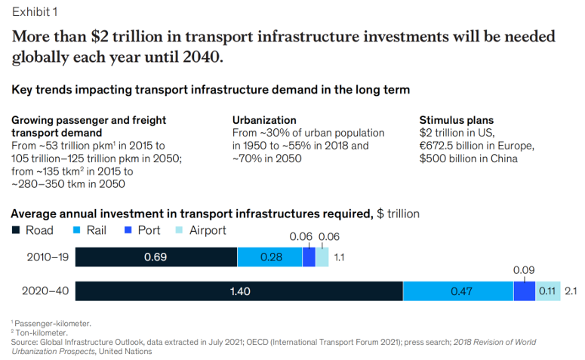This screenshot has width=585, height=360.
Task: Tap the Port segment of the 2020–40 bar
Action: pos(524,291)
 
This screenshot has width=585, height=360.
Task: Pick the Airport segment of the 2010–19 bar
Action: pos(322,257)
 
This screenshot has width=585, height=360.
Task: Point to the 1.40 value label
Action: pos(241,291)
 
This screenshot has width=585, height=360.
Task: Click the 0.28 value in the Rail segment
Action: pos(271,257)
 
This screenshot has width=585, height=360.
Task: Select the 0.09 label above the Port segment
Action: pos(524,269)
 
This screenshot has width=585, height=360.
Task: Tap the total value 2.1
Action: pos(571,291)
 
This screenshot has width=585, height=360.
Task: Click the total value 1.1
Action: pos(339,257)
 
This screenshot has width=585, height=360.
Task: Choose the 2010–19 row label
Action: pos(46,257)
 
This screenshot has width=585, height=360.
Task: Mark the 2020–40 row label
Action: pos(46,291)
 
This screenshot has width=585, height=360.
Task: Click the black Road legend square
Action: pos(16,231)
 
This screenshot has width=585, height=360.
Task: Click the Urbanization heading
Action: pos(263,120)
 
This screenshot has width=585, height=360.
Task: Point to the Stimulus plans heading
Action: pos(456,120)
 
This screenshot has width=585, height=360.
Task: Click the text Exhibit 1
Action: pos(34,11)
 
